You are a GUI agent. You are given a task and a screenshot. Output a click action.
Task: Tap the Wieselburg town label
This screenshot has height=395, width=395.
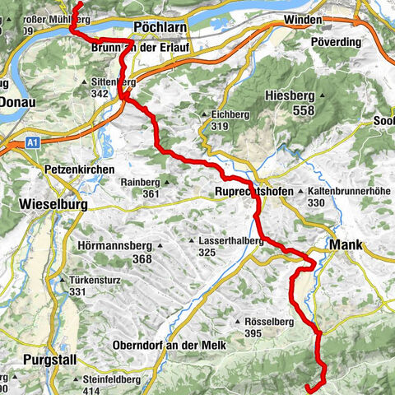[x=53, y=202]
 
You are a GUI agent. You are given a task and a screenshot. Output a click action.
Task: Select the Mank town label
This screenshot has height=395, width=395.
[x=346, y=244]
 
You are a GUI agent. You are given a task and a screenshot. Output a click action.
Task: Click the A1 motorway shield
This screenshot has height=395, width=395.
[x=30, y=142]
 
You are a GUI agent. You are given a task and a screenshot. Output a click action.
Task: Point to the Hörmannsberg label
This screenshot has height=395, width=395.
[x=113, y=245]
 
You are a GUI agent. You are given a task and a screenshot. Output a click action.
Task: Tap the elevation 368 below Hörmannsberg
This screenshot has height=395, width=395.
[x=142, y=259]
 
